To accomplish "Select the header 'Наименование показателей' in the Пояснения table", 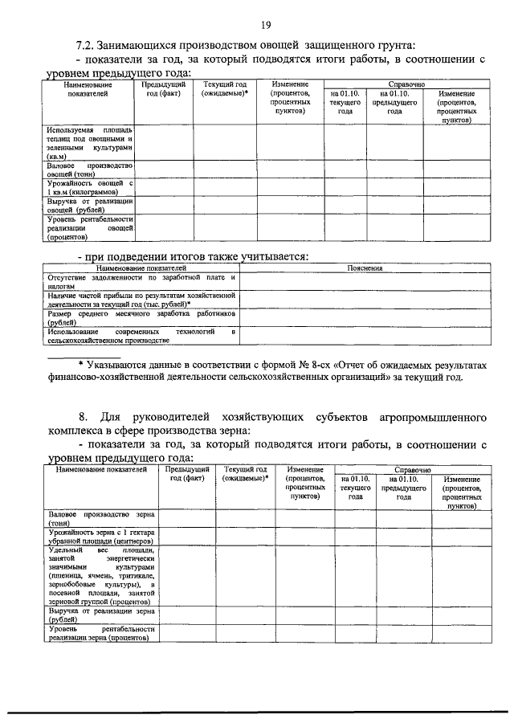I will [141, 268].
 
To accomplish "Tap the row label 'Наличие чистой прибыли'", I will [141, 300].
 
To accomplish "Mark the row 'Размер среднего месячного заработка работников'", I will [141, 318].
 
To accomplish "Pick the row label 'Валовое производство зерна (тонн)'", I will [100, 517].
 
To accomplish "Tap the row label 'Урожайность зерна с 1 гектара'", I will [100, 537].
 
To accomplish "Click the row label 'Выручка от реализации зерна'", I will [100, 615].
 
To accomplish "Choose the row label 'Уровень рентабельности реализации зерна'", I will [100, 634].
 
